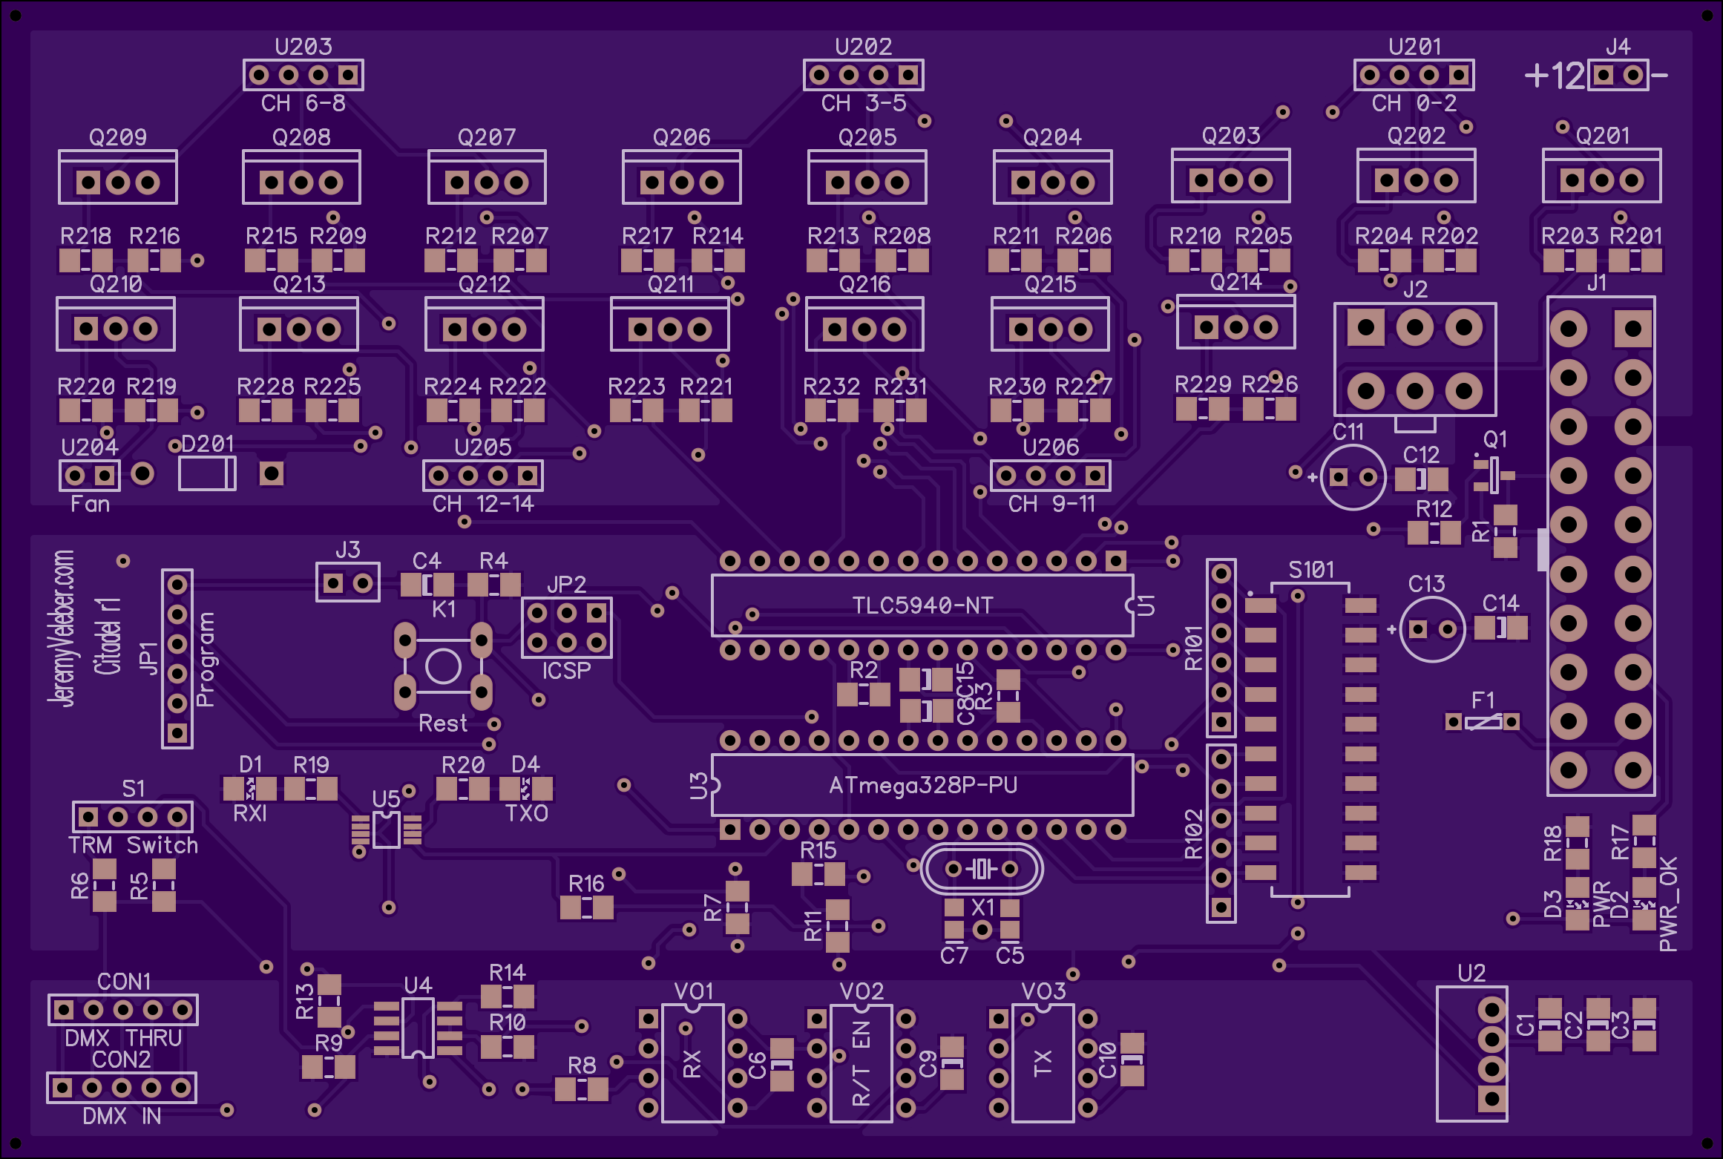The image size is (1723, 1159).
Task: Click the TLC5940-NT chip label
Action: click(922, 605)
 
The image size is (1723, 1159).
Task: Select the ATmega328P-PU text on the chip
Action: click(923, 785)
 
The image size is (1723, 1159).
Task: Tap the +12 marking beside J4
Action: click(1555, 76)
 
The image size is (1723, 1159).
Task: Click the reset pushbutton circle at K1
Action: click(443, 666)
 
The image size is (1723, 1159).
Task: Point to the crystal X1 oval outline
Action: click(982, 847)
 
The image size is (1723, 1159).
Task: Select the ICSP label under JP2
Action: click(566, 671)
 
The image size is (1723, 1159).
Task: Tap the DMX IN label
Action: click(122, 1116)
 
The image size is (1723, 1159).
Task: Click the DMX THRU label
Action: click(123, 1038)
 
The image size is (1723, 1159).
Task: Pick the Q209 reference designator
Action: click(118, 137)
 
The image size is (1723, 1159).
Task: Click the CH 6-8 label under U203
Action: click(303, 103)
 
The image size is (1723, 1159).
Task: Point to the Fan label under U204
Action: click(90, 505)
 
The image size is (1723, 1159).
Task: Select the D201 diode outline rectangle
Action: click(207, 473)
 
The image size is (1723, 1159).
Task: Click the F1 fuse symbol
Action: click(1483, 721)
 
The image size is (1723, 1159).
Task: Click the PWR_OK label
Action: click(1668, 904)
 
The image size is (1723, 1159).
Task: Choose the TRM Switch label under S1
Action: click(134, 845)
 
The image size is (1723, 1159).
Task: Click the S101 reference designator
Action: click(1311, 570)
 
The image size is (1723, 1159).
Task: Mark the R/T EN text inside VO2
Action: click(861, 1063)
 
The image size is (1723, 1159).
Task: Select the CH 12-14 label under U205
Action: click(483, 505)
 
